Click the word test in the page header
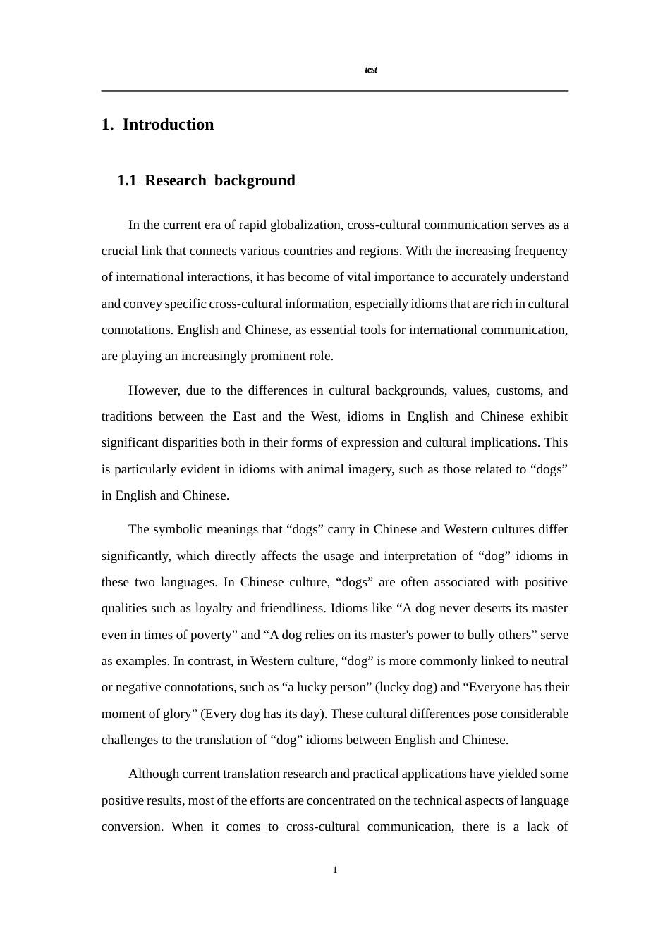(x=371, y=70)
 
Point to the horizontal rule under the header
(x=335, y=91)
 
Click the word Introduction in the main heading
(x=168, y=125)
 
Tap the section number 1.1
(x=127, y=180)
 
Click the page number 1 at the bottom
(x=335, y=870)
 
